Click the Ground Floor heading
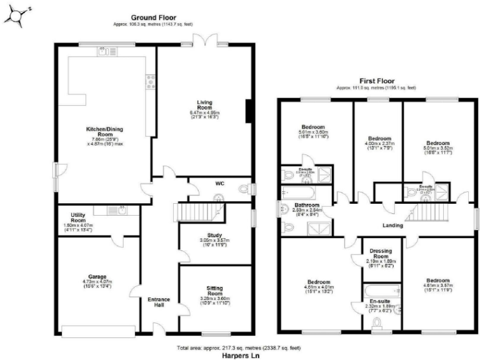(x=154, y=17)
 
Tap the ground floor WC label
(x=220, y=184)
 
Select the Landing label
(x=392, y=225)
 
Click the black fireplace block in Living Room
(x=249, y=111)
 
